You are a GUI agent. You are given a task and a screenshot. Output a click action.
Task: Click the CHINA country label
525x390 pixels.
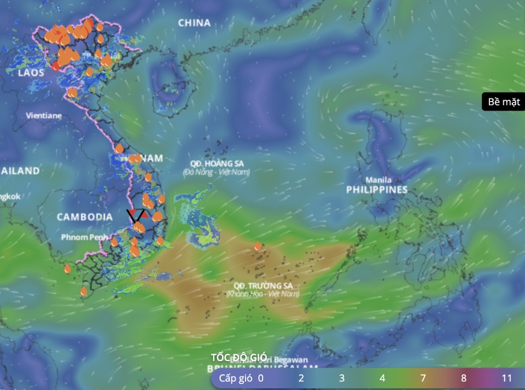coord(194,23)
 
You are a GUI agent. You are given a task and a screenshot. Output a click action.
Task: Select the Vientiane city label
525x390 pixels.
coord(44,115)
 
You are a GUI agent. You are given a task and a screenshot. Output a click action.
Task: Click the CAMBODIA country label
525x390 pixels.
coord(85,217)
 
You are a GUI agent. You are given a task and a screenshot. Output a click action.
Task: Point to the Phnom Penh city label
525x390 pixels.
coord(83,237)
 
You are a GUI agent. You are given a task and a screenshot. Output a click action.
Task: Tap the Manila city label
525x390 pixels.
coord(378,180)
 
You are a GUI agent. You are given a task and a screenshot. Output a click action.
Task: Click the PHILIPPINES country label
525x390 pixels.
coord(377,190)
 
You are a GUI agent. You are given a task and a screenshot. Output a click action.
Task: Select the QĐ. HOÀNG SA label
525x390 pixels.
coord(216,164)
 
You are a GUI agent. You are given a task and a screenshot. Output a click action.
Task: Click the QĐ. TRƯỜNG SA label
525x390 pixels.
coord(262,286)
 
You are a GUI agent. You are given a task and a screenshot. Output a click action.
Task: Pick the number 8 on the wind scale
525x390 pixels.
coord(465,379)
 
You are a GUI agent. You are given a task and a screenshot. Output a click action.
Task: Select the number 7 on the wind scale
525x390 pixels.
coord(423,379)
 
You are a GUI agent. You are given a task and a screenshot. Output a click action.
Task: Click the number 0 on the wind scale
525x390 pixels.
coord(261,379)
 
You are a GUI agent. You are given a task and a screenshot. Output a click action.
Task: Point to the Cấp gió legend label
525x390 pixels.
coord(235,379)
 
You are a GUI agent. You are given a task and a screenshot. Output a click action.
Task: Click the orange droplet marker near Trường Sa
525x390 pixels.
coord(258,246)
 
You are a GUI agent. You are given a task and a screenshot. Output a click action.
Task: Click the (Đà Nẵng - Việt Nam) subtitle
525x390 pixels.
coord(216,172)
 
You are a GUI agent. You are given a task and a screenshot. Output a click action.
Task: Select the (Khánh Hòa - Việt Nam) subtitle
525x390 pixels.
coord(262,294)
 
